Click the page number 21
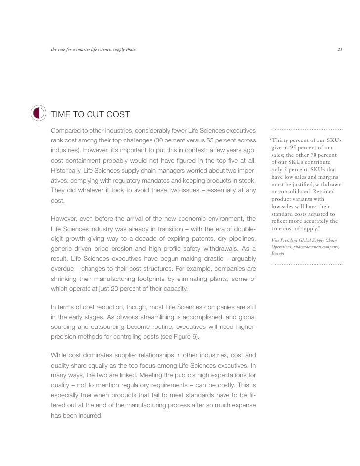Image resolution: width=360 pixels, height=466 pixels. pyautogui.click(x=340, y=49)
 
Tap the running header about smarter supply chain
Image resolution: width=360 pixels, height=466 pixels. pyautogui.click(x=93, y=49)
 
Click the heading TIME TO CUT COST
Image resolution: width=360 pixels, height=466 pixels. pyautogui.click(x=90, y=115)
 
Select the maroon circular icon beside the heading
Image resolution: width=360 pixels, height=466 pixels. pyautogui.click(x=38, y=114)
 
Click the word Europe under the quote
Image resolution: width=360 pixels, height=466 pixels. pyautogui.click(x=278, y=254)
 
